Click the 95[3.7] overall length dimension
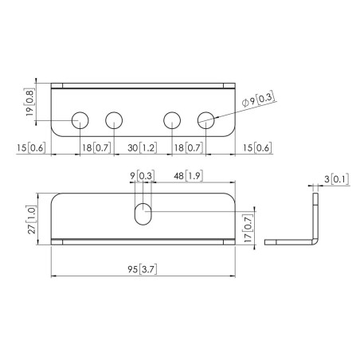pos(143,269)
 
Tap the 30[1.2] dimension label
pos(142,147)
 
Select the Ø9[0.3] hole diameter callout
pos(258,100)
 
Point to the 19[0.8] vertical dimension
pos(29,102)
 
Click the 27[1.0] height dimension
pos(31,219)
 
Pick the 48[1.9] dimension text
pos(189,176)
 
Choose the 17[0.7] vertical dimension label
pos(248,228)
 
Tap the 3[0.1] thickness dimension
pos(336,179)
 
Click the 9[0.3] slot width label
pos(143,176)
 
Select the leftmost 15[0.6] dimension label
pos(31,147)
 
